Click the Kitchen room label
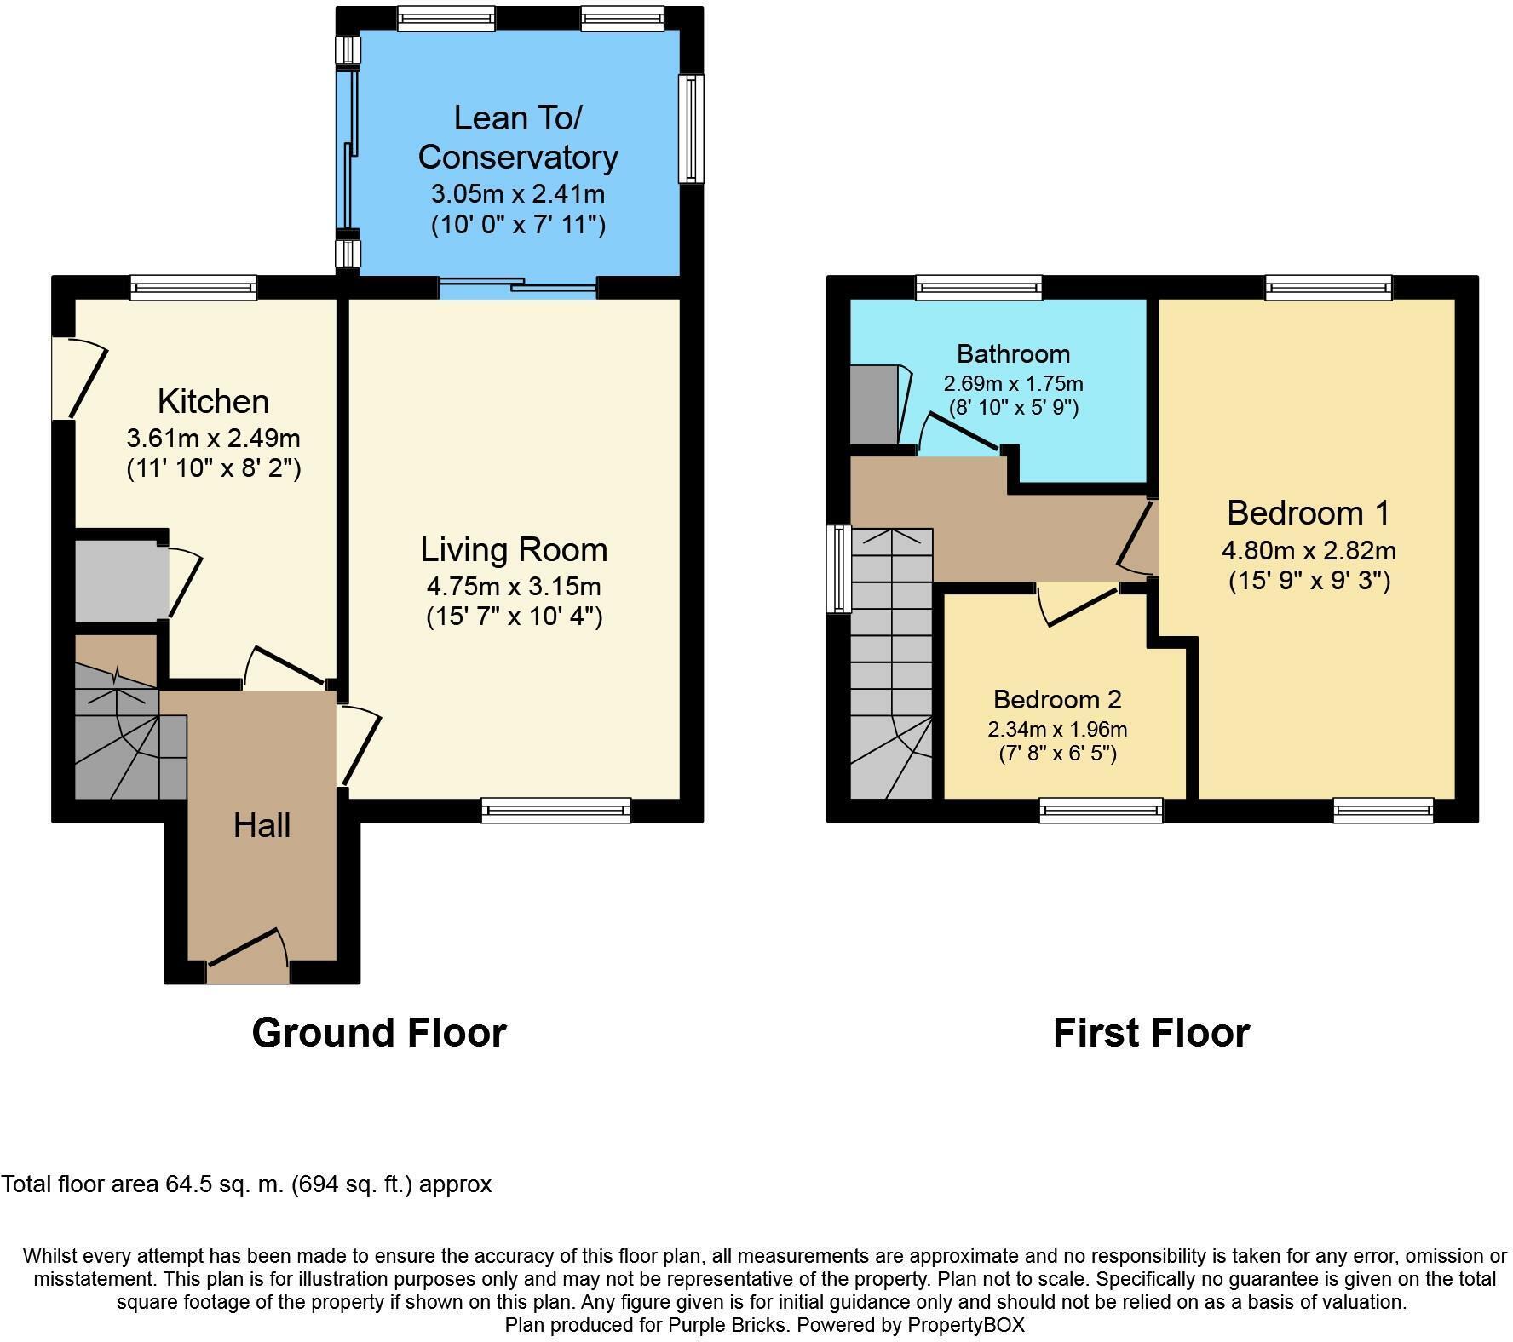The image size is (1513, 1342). (x=213, y=401)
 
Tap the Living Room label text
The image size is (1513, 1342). (x=514, y=550)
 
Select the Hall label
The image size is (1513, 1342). (x=262, y=825)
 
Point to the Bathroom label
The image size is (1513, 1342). (x=1013, y=353)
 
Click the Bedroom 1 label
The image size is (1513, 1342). (x=1308, y=513)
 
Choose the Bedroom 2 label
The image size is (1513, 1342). (x=1057, y=699)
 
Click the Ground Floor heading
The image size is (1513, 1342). (x=379, y=1033)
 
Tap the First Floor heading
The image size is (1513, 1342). (x=1151, y=1033)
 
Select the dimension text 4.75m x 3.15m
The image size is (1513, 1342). (x=514, y=587)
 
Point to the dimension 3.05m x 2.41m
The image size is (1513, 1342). (x=518, y=194)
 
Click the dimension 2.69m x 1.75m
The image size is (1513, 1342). (x=1013, y=384)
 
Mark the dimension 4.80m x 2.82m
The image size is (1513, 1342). (x=1309, y=551)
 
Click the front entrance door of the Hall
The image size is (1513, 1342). (x=248, y=954)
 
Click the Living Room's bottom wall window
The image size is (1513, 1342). (x=555, y=810)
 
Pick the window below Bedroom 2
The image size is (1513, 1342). (x=1101, y=810)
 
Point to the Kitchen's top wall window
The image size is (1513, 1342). (x=193, y=288)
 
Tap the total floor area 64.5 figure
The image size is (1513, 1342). (x=184, y=1184)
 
